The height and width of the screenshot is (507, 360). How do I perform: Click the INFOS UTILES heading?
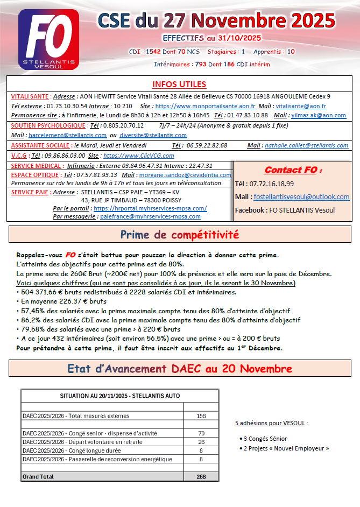(179, 84)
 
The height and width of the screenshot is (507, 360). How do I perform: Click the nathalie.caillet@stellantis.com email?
(306, 145)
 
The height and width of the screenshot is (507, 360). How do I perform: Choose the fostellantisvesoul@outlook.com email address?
(301, 197)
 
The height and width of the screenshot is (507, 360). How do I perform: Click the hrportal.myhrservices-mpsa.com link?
(150, 208)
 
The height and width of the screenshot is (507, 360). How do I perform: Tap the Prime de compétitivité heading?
(180, 235)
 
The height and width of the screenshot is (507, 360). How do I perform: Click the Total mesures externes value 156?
(201, 416)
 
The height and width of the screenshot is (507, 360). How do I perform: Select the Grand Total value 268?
(201, 476)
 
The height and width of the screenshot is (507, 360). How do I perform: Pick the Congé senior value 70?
(201, 433)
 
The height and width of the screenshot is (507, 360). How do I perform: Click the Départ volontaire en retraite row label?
(82, 442)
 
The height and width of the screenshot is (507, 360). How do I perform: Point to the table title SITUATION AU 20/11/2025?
(119, 396)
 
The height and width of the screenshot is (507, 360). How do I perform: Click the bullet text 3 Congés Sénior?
(265, 439)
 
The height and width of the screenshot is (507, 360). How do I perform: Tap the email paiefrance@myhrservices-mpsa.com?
(150, 216)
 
